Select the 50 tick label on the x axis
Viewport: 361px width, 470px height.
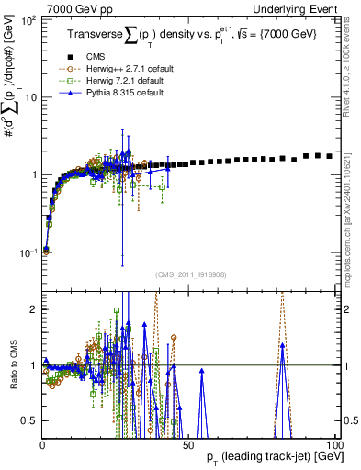point(187,445)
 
